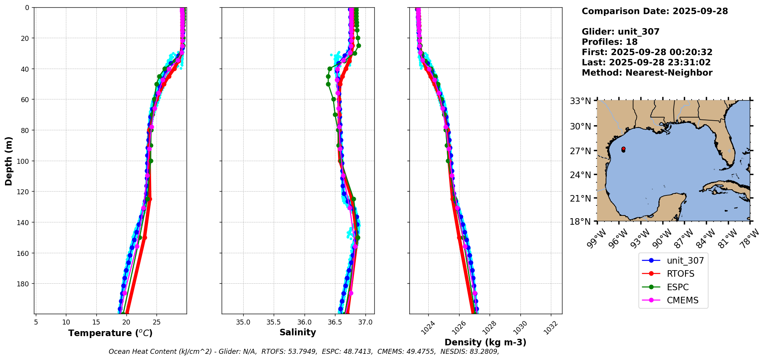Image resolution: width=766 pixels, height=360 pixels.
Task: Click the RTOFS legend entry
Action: [680, 274]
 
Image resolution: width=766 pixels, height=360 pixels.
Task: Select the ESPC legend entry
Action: [677, 287]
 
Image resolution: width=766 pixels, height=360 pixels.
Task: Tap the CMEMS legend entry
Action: [682, 300]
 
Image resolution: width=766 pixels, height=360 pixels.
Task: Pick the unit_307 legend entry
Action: [685, 261]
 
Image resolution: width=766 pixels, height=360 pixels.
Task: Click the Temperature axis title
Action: [110, 333]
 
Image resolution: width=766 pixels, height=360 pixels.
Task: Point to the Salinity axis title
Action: [298, 332]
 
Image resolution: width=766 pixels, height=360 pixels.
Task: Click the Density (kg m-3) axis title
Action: [485, 342]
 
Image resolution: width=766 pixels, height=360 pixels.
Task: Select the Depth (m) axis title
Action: [8, 161]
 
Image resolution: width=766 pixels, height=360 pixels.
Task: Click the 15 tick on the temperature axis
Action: [96, 322]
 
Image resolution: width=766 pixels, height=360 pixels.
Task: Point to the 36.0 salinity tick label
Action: [304, 322]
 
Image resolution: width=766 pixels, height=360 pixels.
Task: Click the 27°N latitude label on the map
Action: [580, 151]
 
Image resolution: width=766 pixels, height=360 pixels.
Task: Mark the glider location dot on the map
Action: [623, 149]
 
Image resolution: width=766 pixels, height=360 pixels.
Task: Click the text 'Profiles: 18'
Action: [609, 42]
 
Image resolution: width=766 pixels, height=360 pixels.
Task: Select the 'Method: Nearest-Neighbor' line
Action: [647, 72]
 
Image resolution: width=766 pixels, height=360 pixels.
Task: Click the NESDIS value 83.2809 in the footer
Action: [483, 352]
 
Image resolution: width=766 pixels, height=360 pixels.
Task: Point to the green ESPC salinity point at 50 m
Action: [328, 84]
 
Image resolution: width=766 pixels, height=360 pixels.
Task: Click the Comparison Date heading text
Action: [655, 11]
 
